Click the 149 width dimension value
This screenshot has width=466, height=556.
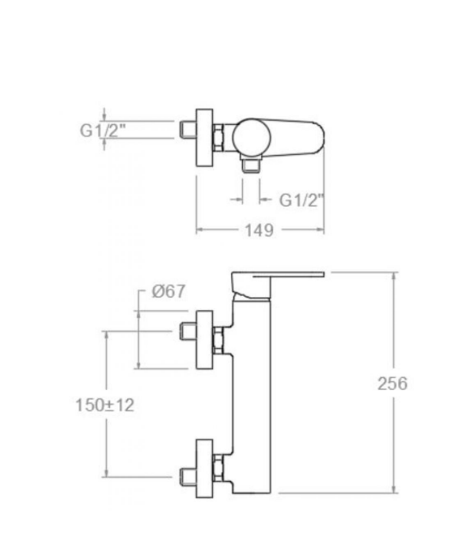260,230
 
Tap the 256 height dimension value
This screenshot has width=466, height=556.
392,384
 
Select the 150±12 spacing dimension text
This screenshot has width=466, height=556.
105,405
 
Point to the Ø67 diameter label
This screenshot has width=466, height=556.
169,292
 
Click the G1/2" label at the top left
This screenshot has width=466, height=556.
103,130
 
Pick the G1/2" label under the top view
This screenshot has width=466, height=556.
301,200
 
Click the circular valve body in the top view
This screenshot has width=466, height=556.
252,138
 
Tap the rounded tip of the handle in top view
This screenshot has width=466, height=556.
319,137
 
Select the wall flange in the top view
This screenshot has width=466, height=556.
205,138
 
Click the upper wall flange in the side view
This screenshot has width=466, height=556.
205,340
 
